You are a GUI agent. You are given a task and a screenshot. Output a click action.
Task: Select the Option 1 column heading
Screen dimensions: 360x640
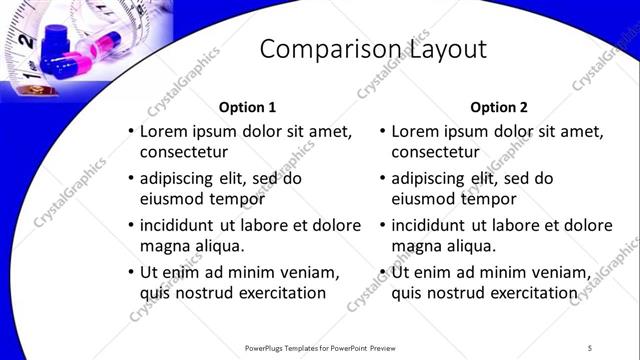point(246,107)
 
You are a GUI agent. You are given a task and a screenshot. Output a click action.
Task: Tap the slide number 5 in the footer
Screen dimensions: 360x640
point(590,348)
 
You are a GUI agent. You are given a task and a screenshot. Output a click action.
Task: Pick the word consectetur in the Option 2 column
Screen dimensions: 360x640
point(435,153)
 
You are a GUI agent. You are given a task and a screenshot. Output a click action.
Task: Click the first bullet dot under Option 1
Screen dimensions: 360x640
point(130,132)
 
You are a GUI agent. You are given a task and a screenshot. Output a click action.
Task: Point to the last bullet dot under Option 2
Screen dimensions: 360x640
point(382,272)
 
